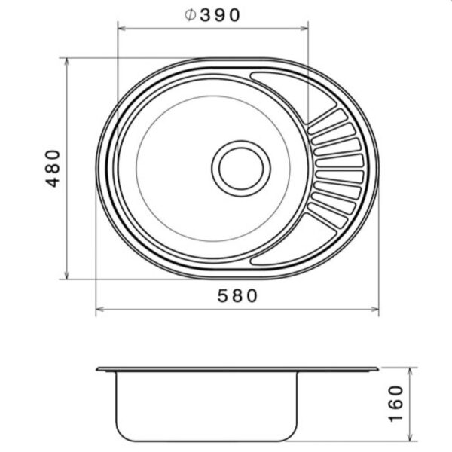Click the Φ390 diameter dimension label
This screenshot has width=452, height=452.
tap(212, 15)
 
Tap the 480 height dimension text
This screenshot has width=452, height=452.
tap(53, 169)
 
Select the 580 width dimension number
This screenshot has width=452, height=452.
tap(237, 296)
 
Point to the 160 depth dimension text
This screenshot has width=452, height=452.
tap(395, 404)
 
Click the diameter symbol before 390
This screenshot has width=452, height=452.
tap(191, 15)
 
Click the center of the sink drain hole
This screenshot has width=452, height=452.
tap(241, 169)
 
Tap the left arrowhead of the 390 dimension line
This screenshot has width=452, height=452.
tap(122, 29)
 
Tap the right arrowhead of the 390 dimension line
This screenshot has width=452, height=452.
tap(304, 29)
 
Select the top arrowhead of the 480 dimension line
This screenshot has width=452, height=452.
tap(67, 62)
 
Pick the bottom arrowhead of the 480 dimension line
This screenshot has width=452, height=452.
tap(67, 275)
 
